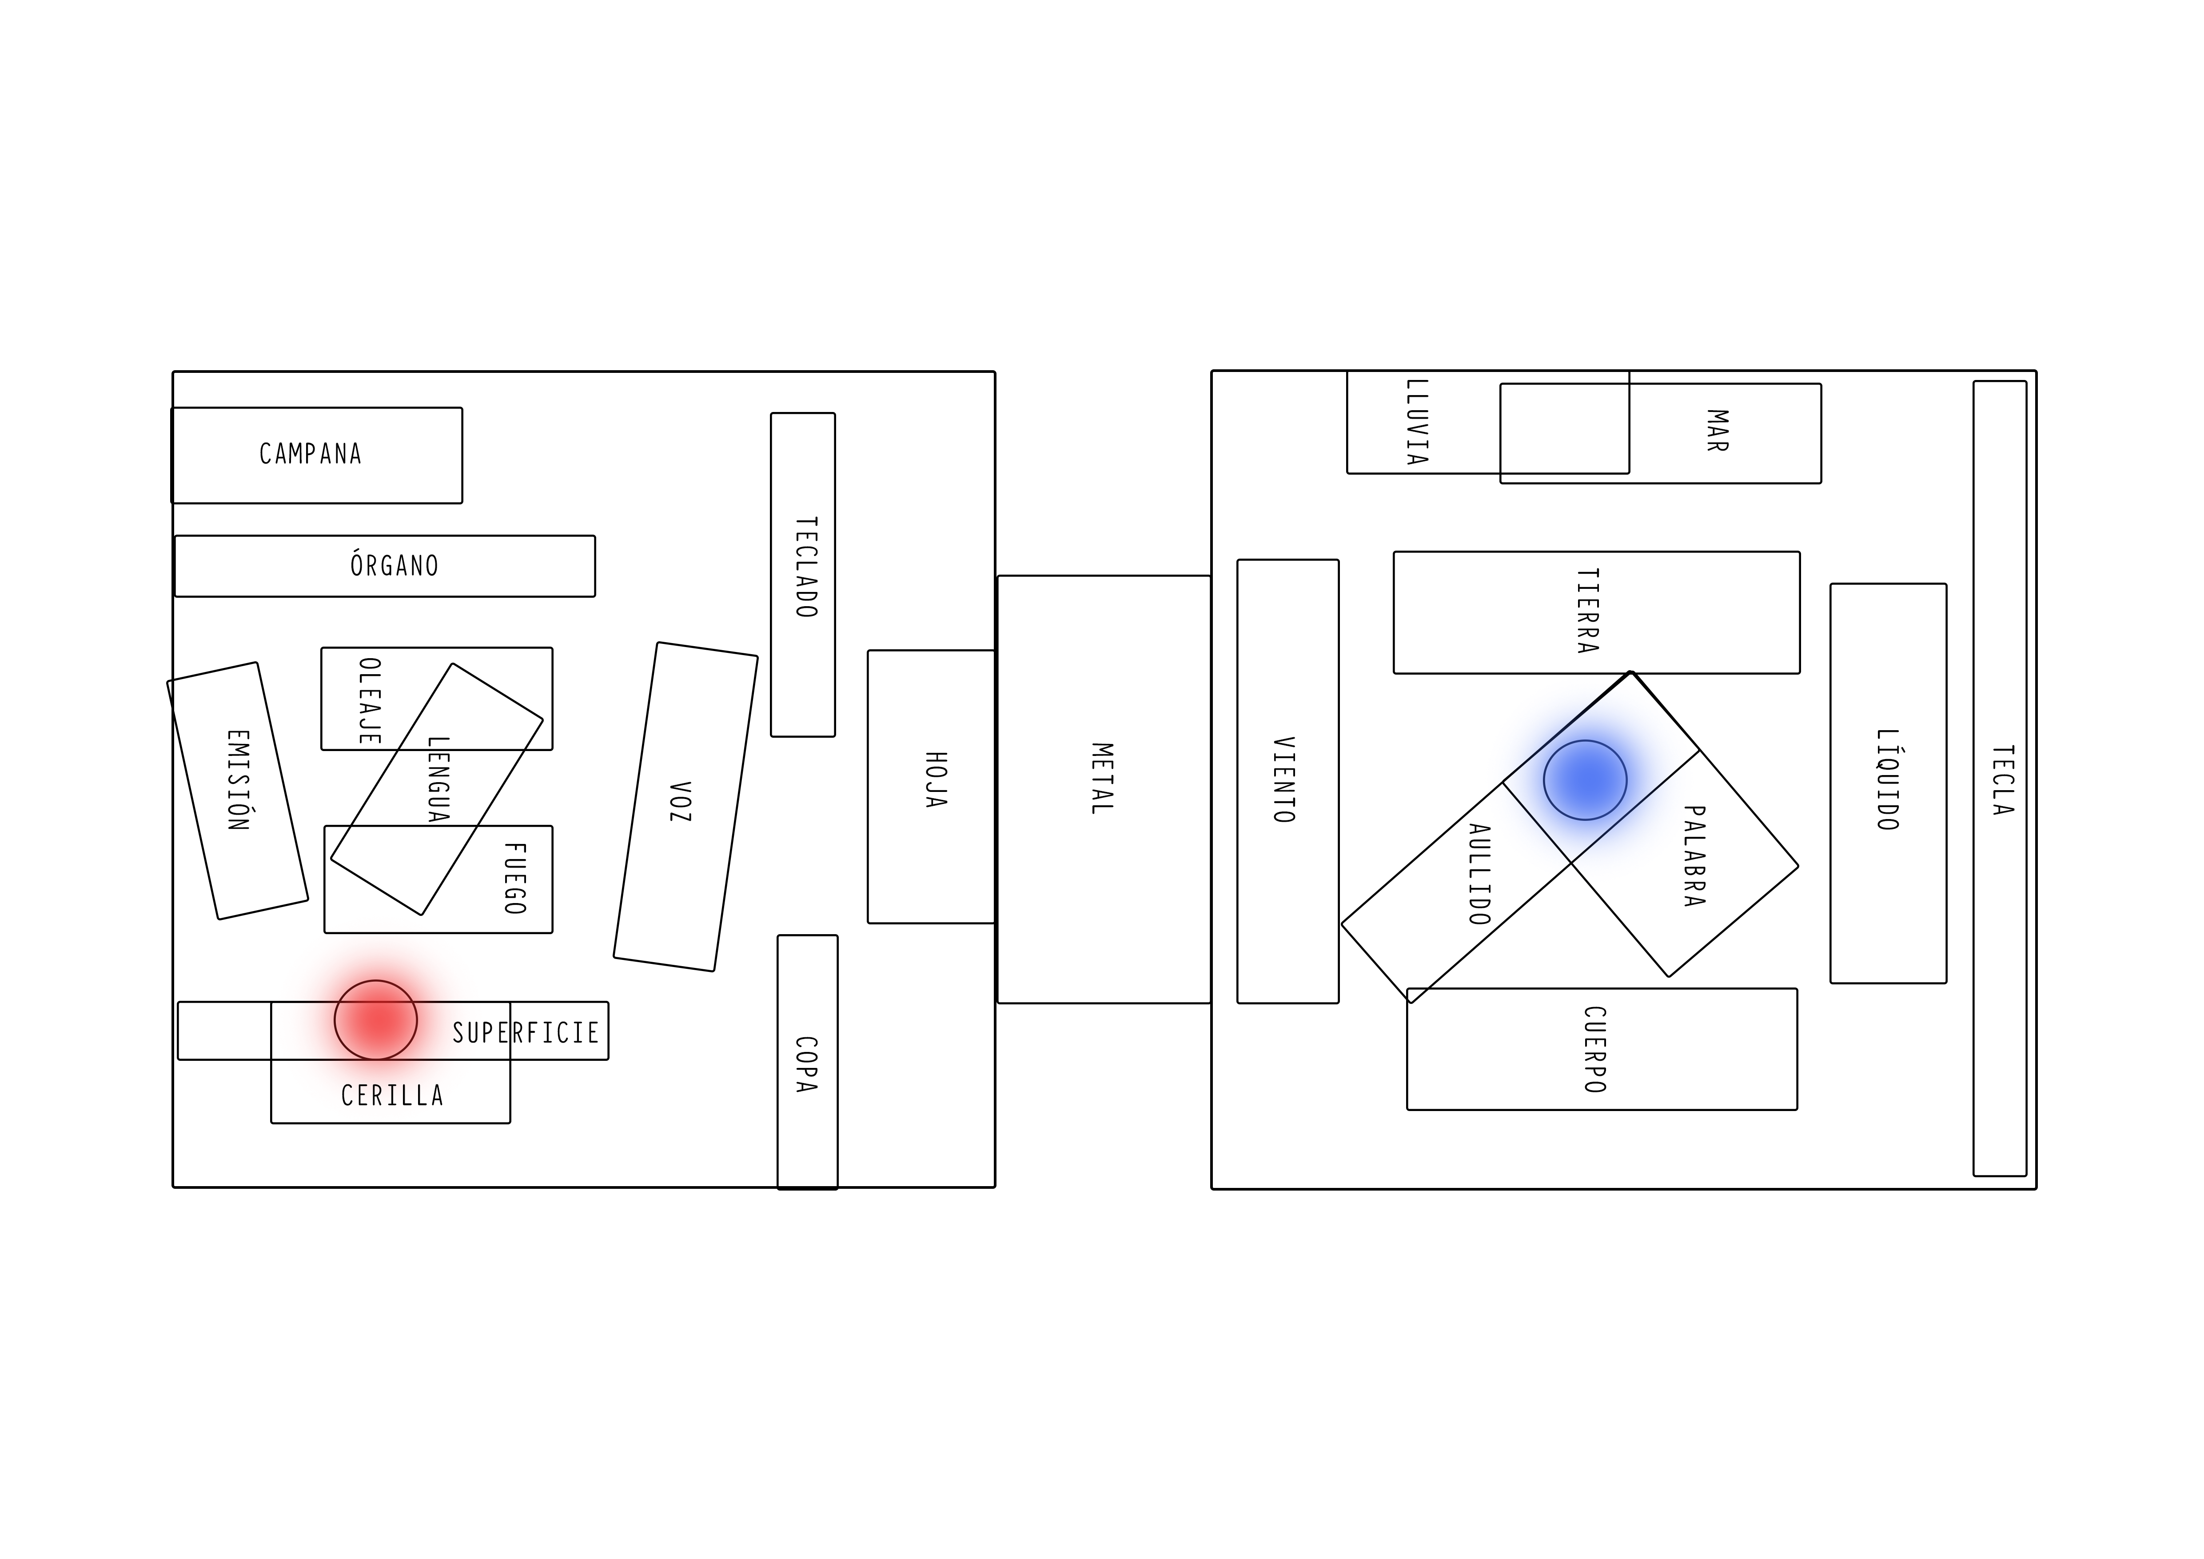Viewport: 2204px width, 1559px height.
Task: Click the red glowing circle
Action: (x=375, y=1019)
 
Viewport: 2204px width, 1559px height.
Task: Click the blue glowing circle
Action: (x=1585, y=779)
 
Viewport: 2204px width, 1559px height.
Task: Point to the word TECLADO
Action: (x=806, y=568)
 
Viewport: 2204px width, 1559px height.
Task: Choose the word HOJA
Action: (x=936, y=779)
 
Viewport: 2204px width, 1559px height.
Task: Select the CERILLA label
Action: (x=393, y=1095)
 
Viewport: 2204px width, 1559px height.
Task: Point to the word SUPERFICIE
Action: (x=526, y=1033)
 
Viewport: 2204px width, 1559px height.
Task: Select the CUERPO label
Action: (x=1594, y=1049)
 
